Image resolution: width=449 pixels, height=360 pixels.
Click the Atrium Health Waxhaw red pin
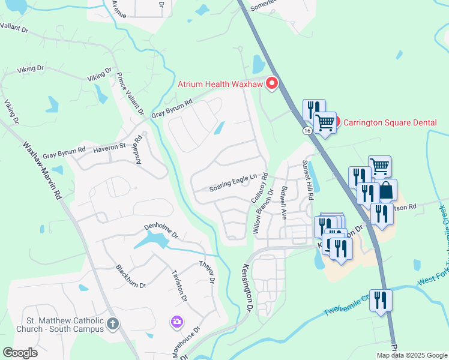[272, 83]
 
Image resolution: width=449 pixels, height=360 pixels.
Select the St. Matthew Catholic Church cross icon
[112, 325]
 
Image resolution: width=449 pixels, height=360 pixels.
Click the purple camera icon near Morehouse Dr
[176, 322]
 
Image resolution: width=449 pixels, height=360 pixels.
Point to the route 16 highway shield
[307, 130]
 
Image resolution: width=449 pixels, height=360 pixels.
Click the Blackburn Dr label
[131, 277]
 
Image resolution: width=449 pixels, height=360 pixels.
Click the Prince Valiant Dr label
[131, 94]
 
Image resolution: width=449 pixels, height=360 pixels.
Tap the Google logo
[20, 353]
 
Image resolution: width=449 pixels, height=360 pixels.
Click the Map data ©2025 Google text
[411, 355]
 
